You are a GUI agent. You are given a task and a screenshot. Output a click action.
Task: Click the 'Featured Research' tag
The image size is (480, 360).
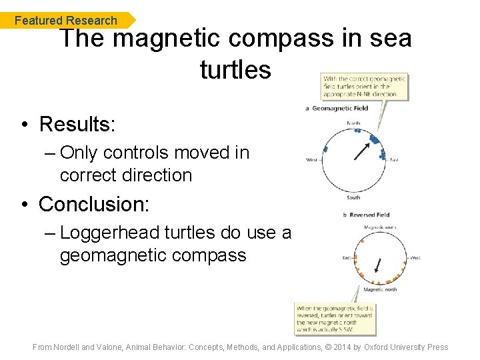click(x=65, y=21)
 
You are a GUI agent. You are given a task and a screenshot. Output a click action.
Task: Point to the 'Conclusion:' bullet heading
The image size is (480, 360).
click(x=93, y=204)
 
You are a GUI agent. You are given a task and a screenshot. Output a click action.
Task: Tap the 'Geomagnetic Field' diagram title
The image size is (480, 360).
click(x=341, y=109)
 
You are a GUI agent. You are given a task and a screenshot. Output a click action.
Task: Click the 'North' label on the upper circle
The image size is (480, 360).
click(x=354, y=123)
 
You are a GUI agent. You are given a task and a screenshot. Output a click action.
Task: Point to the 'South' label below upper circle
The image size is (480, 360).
click(x=354, y=197)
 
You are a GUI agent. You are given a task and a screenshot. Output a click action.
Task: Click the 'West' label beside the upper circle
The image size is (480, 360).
click(x=311, y=160)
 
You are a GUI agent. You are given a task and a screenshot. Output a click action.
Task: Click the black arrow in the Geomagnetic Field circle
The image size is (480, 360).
click(x=362, y=151)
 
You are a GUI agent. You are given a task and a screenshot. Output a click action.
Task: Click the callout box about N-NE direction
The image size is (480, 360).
click(x=364, y=86)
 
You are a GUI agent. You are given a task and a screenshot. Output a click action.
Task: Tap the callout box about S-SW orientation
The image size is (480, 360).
click(x=336, y=319)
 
